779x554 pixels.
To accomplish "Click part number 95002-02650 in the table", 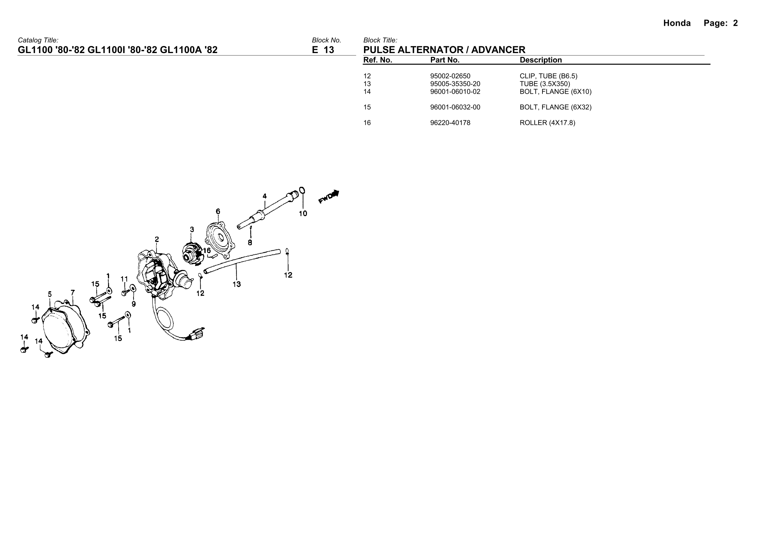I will pyautogui.click(x=450, y=76).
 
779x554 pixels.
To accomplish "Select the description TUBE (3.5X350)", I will pyautogui.click(x=545, y=84).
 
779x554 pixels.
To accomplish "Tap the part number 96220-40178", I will pyautogui.click(x=450, y=123).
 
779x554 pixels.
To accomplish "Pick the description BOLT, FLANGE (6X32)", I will pyautogui.click(x=555, y=107).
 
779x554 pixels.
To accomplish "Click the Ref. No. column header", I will pyautogui.click(x=377, y=60).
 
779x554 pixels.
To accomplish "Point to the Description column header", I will pyautogui.click(x=540, y=60).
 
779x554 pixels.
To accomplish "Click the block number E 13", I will pyautogui.click(x=323, y=50).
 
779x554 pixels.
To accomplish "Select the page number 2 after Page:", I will pyautogui.click(x=735, y=23).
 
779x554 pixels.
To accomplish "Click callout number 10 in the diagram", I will pyautogui.click(x=303, y=214).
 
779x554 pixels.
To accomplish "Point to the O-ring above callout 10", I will pyautogui.click(x=302, y=191).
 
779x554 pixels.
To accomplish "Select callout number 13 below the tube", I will pyautogui.click(x=237, y=284).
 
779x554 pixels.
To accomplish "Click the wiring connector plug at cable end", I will pyautogui.click(x=197, y=334).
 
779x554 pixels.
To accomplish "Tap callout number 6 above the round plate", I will pyautogui.click(x=218, y=212).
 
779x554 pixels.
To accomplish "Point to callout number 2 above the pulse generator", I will pyautogui.click(x=157, y=239).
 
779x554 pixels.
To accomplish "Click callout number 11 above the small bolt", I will pyautogui.click(x=124, y=279).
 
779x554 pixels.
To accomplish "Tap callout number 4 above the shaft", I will pyautogui.click(x=265, y=196).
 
